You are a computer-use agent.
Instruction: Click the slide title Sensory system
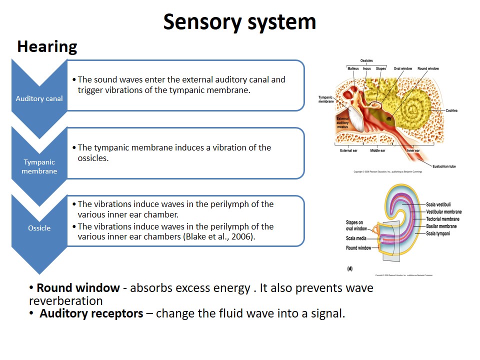239,22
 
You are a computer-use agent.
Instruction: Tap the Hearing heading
47,46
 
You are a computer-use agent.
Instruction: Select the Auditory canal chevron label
39,98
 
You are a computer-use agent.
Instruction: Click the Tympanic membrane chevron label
39,166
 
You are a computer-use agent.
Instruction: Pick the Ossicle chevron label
39,228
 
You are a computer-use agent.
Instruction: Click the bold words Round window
78,288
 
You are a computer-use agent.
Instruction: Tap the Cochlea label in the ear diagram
451,110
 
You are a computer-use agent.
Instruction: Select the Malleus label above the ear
353,68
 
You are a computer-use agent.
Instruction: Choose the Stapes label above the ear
380,68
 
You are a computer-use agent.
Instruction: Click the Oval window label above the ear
402,68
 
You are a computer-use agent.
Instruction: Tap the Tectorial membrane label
443,219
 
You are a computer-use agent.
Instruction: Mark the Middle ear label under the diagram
377,150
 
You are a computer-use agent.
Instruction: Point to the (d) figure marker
349,268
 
